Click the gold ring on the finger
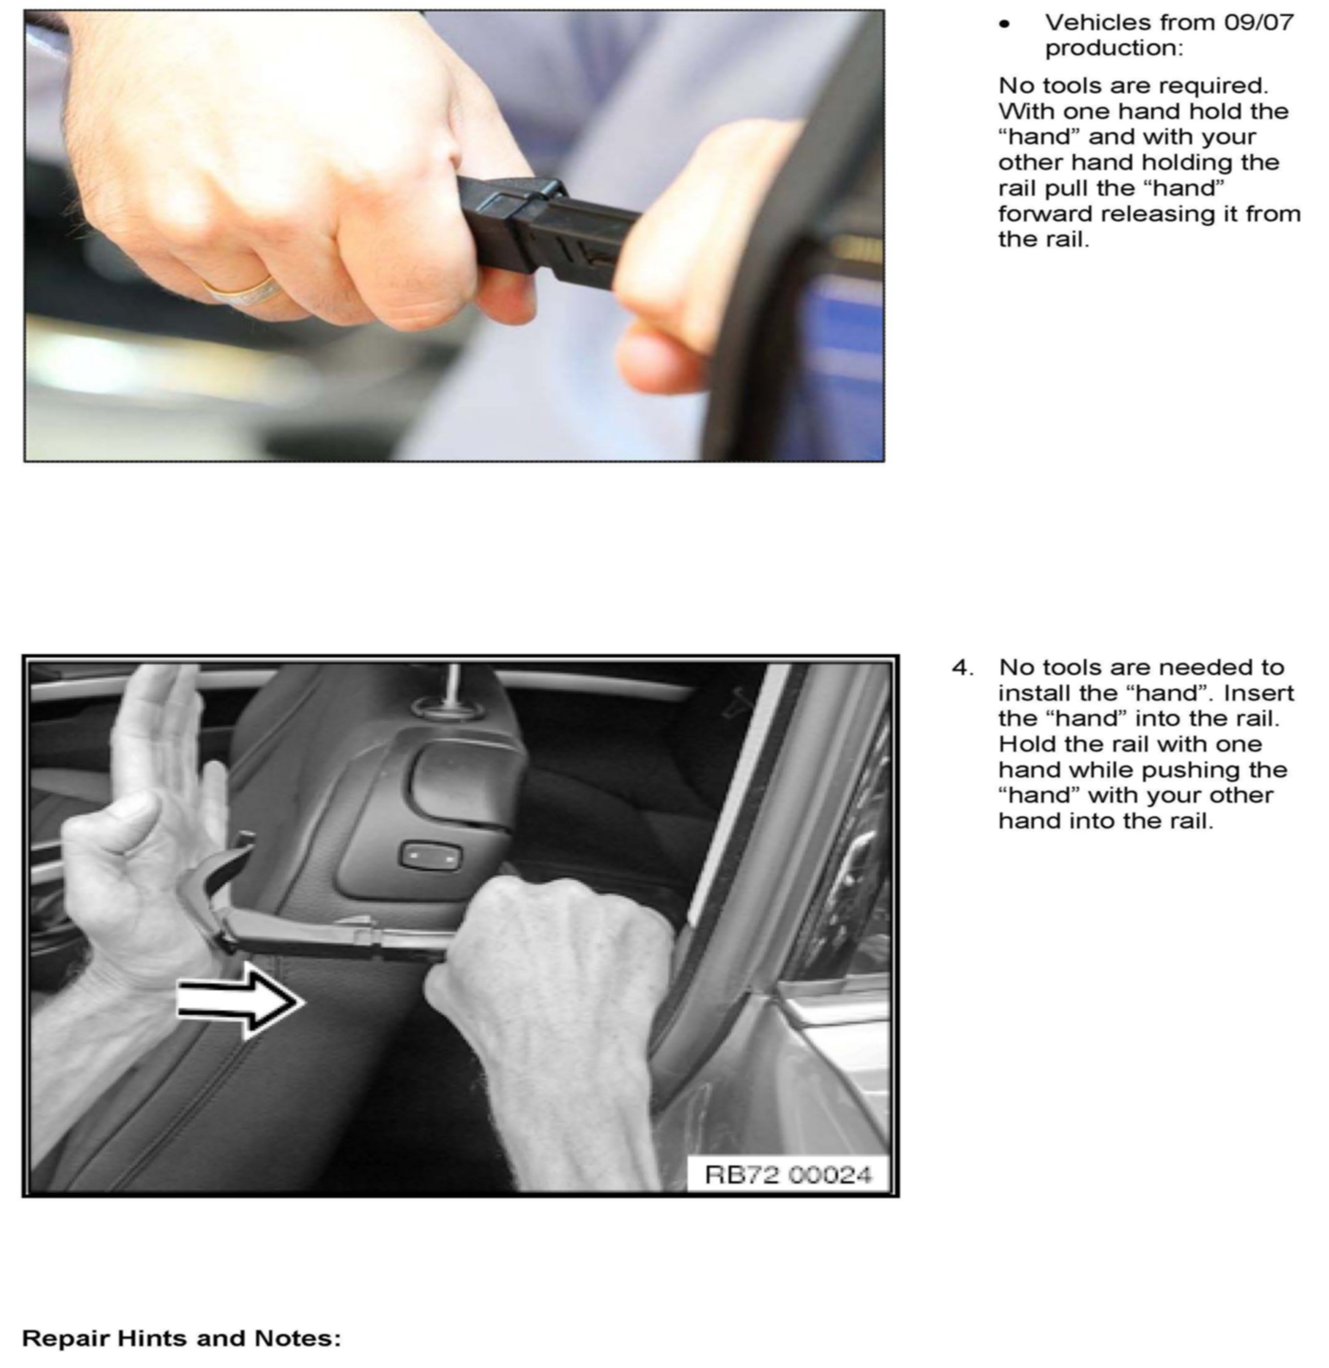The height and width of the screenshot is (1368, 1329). (x=241, y=289)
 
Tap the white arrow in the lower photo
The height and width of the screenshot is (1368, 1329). (x=240, y=1001)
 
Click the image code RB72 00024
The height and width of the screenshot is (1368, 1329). (x=788, y=1175)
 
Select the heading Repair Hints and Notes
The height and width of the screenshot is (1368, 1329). (x=181, y=1338)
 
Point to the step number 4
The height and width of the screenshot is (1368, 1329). (x=962, y=668)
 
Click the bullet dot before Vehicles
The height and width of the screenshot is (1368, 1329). (x=1004, y=23)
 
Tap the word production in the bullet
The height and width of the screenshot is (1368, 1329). (x=1114, y=48)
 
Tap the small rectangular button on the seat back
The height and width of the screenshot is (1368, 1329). (x=430, y=856)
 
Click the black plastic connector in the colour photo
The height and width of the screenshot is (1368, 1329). (x=544, y=227)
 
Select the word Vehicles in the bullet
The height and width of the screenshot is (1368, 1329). (x=1096, y=22)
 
